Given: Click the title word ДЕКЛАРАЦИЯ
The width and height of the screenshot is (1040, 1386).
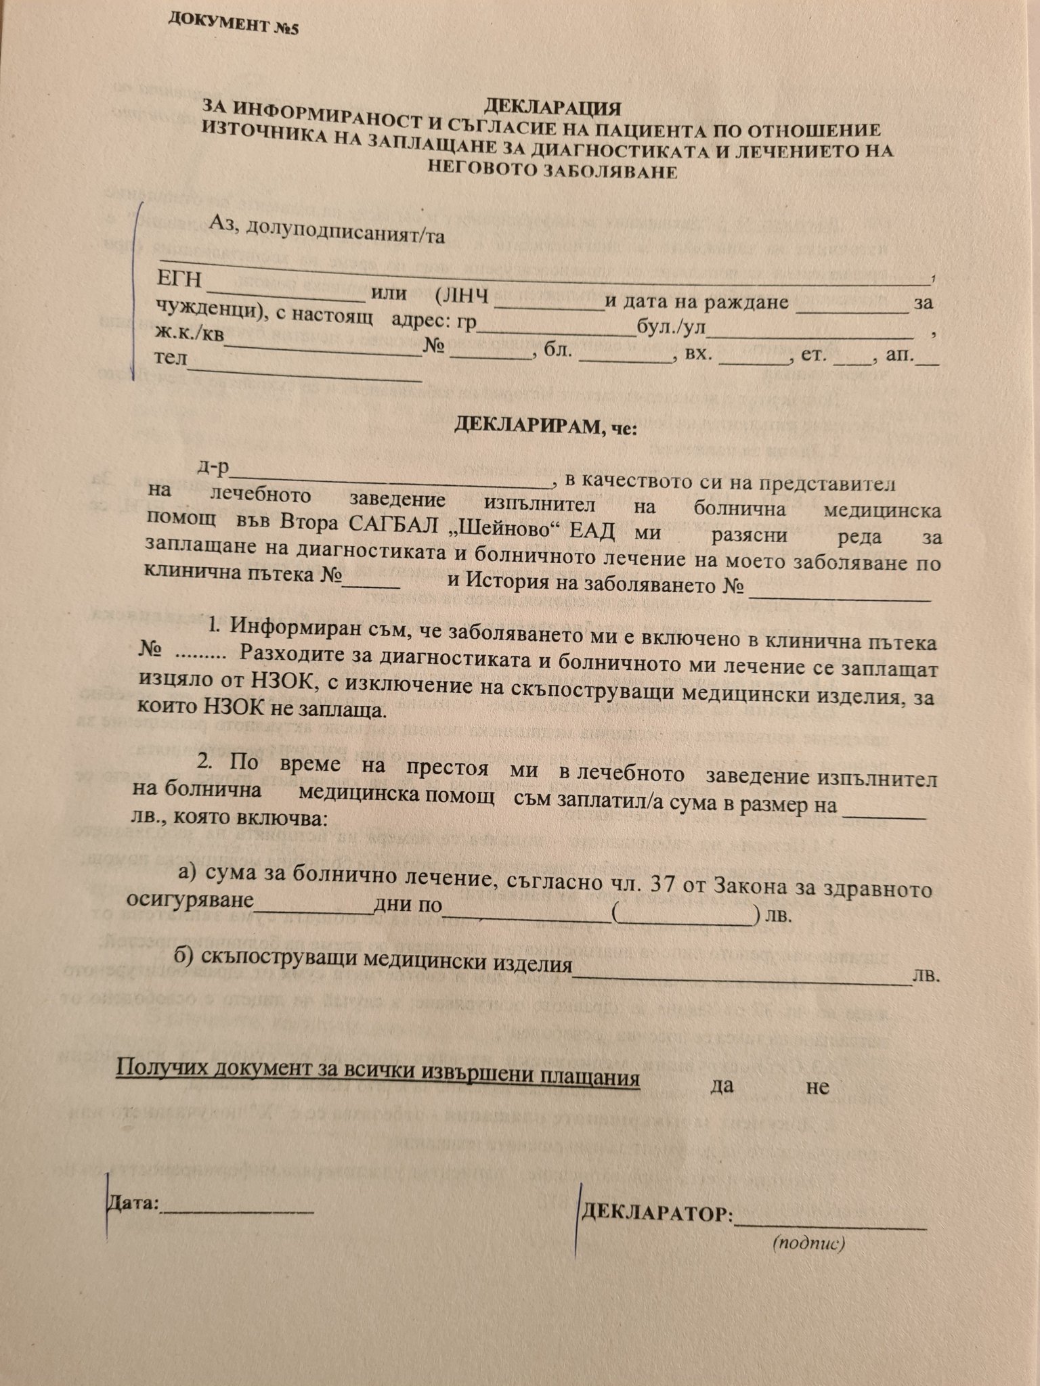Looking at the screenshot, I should point(552,108).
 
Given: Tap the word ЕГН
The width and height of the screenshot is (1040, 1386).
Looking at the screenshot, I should point(178,280).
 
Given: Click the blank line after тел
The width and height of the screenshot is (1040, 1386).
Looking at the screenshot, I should point(305,372).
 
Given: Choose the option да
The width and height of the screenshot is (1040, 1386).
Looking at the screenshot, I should point(722,1087).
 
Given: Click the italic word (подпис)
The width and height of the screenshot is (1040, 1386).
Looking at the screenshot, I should point(808,1243).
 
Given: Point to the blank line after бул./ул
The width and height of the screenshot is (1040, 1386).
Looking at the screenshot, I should point(810,334).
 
